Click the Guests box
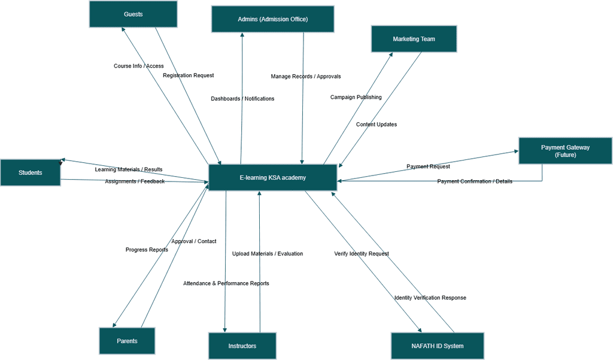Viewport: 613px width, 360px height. tap(133, 14)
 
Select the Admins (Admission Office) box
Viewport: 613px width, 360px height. tap(272, 19)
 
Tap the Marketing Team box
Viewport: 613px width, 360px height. tap(414, 39)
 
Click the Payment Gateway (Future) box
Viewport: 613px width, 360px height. tap(565, 150)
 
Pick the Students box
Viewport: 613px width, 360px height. tap(30, 173)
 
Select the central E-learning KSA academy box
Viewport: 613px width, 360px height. tap(272, 177)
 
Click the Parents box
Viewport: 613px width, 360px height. tap(127, 341)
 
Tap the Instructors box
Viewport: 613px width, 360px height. tap(242, 346)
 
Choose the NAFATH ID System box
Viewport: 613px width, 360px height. tap(437, 346)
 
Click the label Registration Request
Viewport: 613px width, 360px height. tap(188, 75)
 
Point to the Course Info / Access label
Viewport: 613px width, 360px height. tap(138, 66)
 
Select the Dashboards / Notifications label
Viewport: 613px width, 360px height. tap(242, 99)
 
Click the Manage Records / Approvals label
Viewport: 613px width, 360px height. tap(305, 77)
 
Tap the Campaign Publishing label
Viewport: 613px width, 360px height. tap(356, 97)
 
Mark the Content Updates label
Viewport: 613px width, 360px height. tap(376, 125)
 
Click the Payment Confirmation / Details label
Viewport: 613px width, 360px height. tap(474, 181)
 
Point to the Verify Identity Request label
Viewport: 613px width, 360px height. tap(361, 254)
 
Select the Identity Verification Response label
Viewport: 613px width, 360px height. tap(430, 298)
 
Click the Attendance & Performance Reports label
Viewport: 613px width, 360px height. tap(226, 283)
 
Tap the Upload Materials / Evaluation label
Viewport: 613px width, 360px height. tap(267, 254)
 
